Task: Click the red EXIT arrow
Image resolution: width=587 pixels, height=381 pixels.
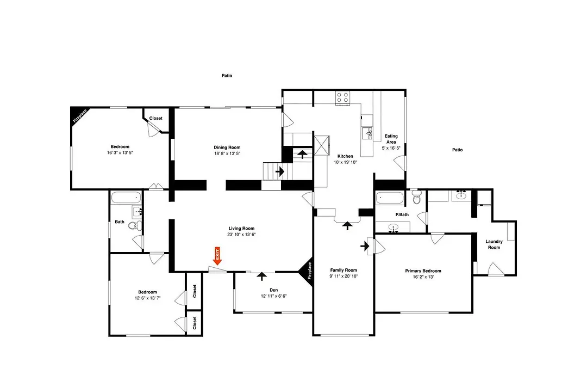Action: [x=217, y=256]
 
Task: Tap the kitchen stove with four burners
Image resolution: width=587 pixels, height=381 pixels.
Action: [x=342, y=97]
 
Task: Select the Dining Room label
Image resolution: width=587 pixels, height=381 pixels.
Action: [x=227, y=148]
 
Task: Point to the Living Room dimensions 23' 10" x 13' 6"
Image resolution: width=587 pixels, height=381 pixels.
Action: [x=241, y=235]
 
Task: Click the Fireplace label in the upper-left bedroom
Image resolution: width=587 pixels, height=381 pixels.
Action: [x=80, y=116]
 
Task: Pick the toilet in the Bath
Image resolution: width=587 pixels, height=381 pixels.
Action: [x=135, y=225]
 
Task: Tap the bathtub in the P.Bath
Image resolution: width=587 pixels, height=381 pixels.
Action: [x=390, y=198]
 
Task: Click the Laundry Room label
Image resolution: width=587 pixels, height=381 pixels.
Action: [x=494, y=244]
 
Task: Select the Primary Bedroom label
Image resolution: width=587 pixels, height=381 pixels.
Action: [x=423, y=271]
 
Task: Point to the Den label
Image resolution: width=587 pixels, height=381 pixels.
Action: [x=273, y=290]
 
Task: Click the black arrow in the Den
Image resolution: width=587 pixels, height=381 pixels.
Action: [x=261, y=276]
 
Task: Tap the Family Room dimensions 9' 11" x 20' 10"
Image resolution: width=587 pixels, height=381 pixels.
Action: [x=344, y=276]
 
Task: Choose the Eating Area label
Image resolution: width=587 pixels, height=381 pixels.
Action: [x=391, y=139]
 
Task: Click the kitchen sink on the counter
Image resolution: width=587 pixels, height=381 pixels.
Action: [x=367, y=133]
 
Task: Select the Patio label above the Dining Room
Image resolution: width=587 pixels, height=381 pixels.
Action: [x=227, y=76]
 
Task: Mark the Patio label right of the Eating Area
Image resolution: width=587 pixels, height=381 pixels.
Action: [x=458, y=150]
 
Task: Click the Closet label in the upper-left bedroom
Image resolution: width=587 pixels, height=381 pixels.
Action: [x=156, y=118]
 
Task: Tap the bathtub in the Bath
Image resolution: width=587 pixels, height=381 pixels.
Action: [x=126, y=198]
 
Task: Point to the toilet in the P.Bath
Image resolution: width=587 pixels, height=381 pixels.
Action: [x=416, y=197]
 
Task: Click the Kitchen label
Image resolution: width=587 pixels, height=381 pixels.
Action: [x=345, y=156]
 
